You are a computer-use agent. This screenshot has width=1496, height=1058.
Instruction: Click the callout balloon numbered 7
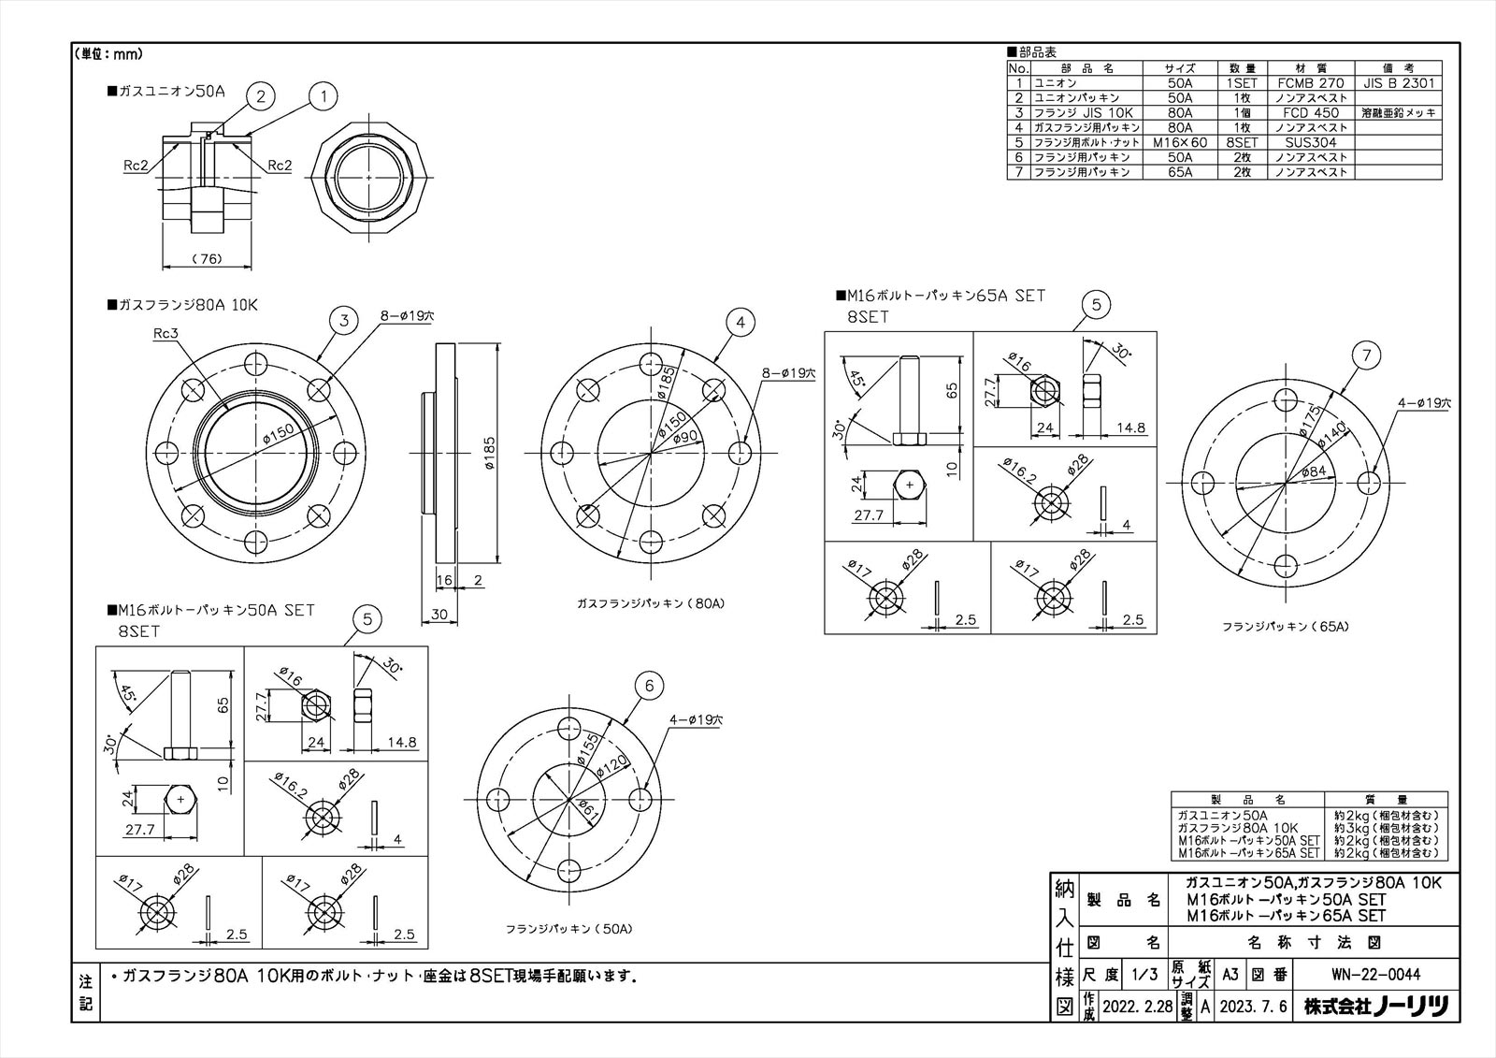pos(1367,355)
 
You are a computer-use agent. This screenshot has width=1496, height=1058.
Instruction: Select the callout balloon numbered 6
pos(650,687)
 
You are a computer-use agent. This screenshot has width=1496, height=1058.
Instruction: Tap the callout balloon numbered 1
pos(323,94)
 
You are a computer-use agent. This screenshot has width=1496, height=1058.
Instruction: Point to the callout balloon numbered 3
pos(344,321)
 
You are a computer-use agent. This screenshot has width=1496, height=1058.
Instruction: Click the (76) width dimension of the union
pos(207,259)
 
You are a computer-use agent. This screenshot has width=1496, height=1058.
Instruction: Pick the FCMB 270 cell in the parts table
pos(1310,83)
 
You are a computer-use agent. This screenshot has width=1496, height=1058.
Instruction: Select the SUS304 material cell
pos(1310,142)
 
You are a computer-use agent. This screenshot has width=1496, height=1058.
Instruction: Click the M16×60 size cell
pos(1179,142)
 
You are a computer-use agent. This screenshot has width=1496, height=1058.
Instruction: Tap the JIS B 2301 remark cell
pos(1398,83)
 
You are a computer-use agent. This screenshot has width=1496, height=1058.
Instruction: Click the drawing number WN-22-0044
pos(1375,975)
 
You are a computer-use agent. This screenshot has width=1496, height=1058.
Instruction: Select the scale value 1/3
pos(1144,975)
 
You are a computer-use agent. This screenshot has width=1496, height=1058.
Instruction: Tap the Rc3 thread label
pos(165,334)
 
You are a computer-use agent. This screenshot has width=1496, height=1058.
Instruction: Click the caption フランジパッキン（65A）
pos(1285,627)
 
